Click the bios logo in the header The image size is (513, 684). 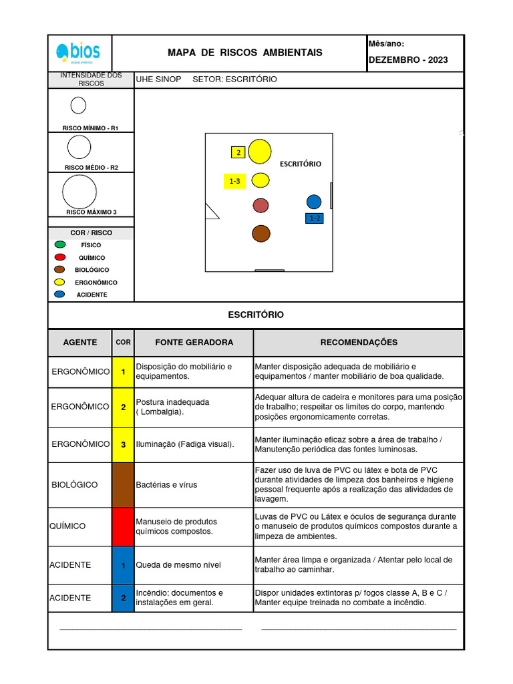tap(79, 52)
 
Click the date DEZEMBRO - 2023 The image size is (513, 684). tap(408, 60)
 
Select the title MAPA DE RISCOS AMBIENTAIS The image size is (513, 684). tap(244, 53)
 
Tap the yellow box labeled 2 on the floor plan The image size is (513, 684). tap(238, 152)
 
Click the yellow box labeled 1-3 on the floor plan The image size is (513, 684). tap(234, 181)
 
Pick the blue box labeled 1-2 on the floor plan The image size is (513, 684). tap(314, 218)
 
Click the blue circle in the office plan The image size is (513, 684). tap(314, 202)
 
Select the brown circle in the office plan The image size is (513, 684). tap(261, 233)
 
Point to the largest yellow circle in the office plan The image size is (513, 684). tap(259, 152)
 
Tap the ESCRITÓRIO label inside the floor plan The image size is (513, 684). tap(300, 164)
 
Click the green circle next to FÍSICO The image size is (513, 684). tap(60, 245)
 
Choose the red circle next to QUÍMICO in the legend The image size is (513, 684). tap(60, 257)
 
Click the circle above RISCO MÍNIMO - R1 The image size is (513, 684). tap(78, 106)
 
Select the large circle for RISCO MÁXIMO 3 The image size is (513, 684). tap(79, 192)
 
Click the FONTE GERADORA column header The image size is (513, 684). tap(194, 343)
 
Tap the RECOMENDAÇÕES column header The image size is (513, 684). tap(358, 343)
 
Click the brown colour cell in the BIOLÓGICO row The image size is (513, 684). tap(123, 485)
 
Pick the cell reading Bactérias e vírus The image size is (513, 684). tap(166, 485)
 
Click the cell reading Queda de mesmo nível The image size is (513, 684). tap(178, 565)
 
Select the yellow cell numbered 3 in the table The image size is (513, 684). tap(123, 444)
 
